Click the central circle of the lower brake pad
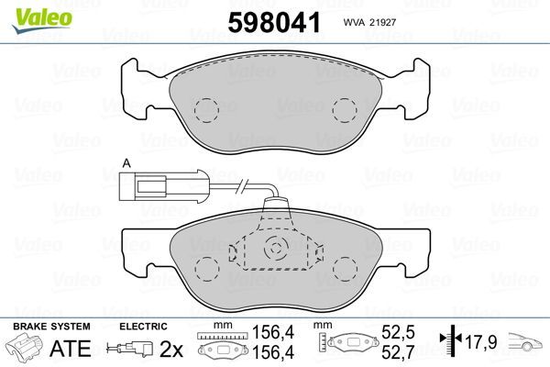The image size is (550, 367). (x=275, y=249)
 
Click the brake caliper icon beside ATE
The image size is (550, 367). (x=26, y=350)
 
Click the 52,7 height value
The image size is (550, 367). (x=400, y=351)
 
